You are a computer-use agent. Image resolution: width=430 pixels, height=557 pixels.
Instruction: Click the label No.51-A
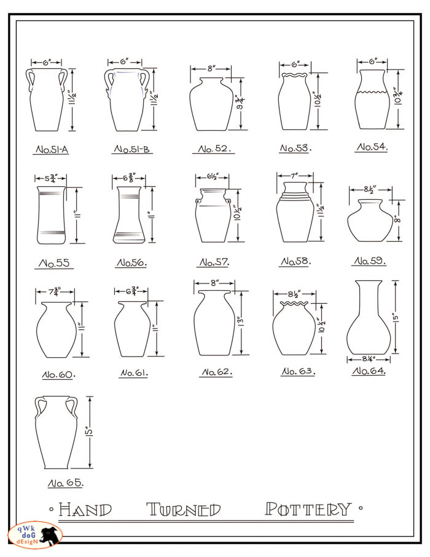(x=52, y=149)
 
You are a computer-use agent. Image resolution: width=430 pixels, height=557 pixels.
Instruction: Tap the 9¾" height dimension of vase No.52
(x=241, y=103)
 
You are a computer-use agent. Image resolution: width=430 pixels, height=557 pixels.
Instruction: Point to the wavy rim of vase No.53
(x=294, y=75)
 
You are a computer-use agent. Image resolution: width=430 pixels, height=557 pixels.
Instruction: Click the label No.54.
(x=372, y=147)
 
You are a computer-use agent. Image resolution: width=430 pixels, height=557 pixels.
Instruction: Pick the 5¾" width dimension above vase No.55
(x=51, y=178)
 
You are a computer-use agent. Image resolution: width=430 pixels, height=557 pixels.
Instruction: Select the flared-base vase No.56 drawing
(x=129, y=215)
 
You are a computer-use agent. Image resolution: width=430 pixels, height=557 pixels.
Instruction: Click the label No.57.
(x=214, y=263)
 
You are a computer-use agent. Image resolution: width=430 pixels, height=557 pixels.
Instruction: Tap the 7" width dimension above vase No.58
(x=295, y=175)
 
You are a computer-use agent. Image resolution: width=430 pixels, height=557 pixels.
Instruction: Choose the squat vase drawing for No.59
(x=370, y=220)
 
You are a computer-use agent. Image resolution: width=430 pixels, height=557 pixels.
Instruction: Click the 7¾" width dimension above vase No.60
(x=55, y=291)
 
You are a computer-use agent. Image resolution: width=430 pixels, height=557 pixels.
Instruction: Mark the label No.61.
(x=134, y=373)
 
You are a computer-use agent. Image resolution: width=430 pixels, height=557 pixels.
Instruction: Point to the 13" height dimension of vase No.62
(x=241, y=322)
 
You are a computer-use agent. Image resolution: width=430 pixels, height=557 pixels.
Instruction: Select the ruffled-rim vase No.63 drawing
(x=294, y=328)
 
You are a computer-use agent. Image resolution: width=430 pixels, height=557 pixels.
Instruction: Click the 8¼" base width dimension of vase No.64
(x=369, y=359)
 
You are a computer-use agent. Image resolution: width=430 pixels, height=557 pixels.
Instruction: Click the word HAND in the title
(x=85, y=510)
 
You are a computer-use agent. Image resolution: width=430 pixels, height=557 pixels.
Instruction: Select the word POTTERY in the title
(x=308, y=509)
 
